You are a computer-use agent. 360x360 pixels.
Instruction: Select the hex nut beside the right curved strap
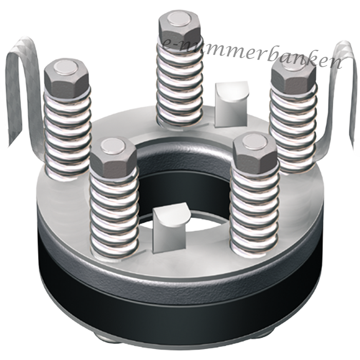point(293,76)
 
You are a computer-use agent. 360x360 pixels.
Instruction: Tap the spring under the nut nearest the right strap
point(293,129)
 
